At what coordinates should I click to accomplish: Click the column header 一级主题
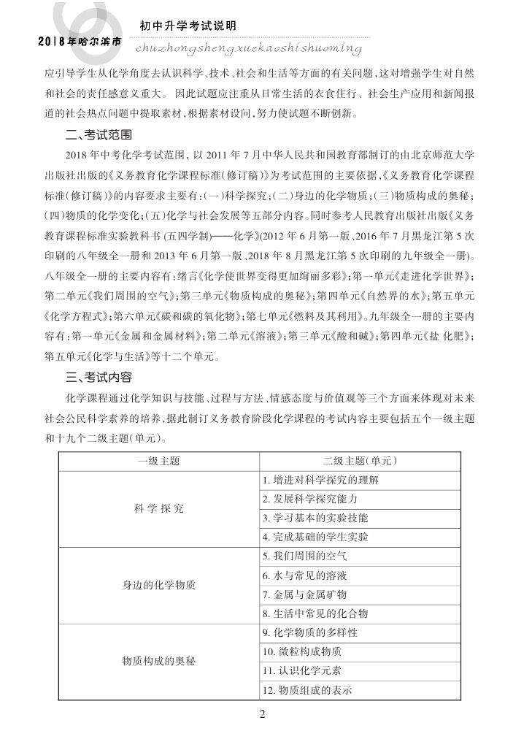pos(159,462)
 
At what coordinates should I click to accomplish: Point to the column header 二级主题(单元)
pos(360,462)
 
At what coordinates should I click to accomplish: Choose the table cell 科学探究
pos(159,508)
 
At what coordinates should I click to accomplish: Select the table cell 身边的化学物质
pos(159,585)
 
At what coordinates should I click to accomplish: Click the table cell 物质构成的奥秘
pos(159,661)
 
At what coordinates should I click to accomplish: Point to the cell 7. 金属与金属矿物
pos(305,594)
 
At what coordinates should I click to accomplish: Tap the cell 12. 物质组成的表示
pos(307,689)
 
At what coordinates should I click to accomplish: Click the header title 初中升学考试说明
pos(188,26)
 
